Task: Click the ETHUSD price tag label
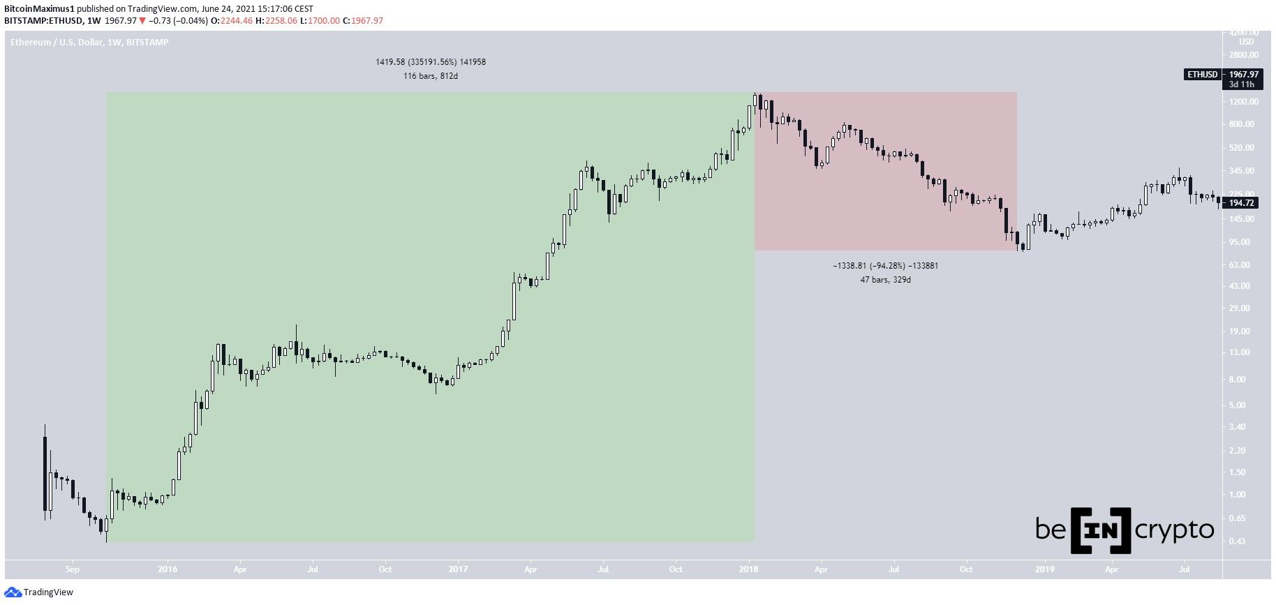click(1202, 75)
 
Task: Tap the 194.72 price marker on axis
click(1242, 203)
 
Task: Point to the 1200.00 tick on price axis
click(1243, 102)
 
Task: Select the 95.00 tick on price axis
click(1243, 242)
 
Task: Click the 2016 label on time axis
click(168, 569)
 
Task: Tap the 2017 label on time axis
click(458, 569)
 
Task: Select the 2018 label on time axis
click(749, 569)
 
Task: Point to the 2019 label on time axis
click(1044, 569)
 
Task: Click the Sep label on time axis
click(73, 569)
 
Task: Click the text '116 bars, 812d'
click(430, 76)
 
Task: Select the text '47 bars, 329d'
click(885, 280)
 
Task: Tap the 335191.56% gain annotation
click(431, 62)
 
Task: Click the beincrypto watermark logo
click(1124, 530)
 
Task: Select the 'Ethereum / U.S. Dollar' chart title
click(57, 43)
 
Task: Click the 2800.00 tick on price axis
click(1243, 55)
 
